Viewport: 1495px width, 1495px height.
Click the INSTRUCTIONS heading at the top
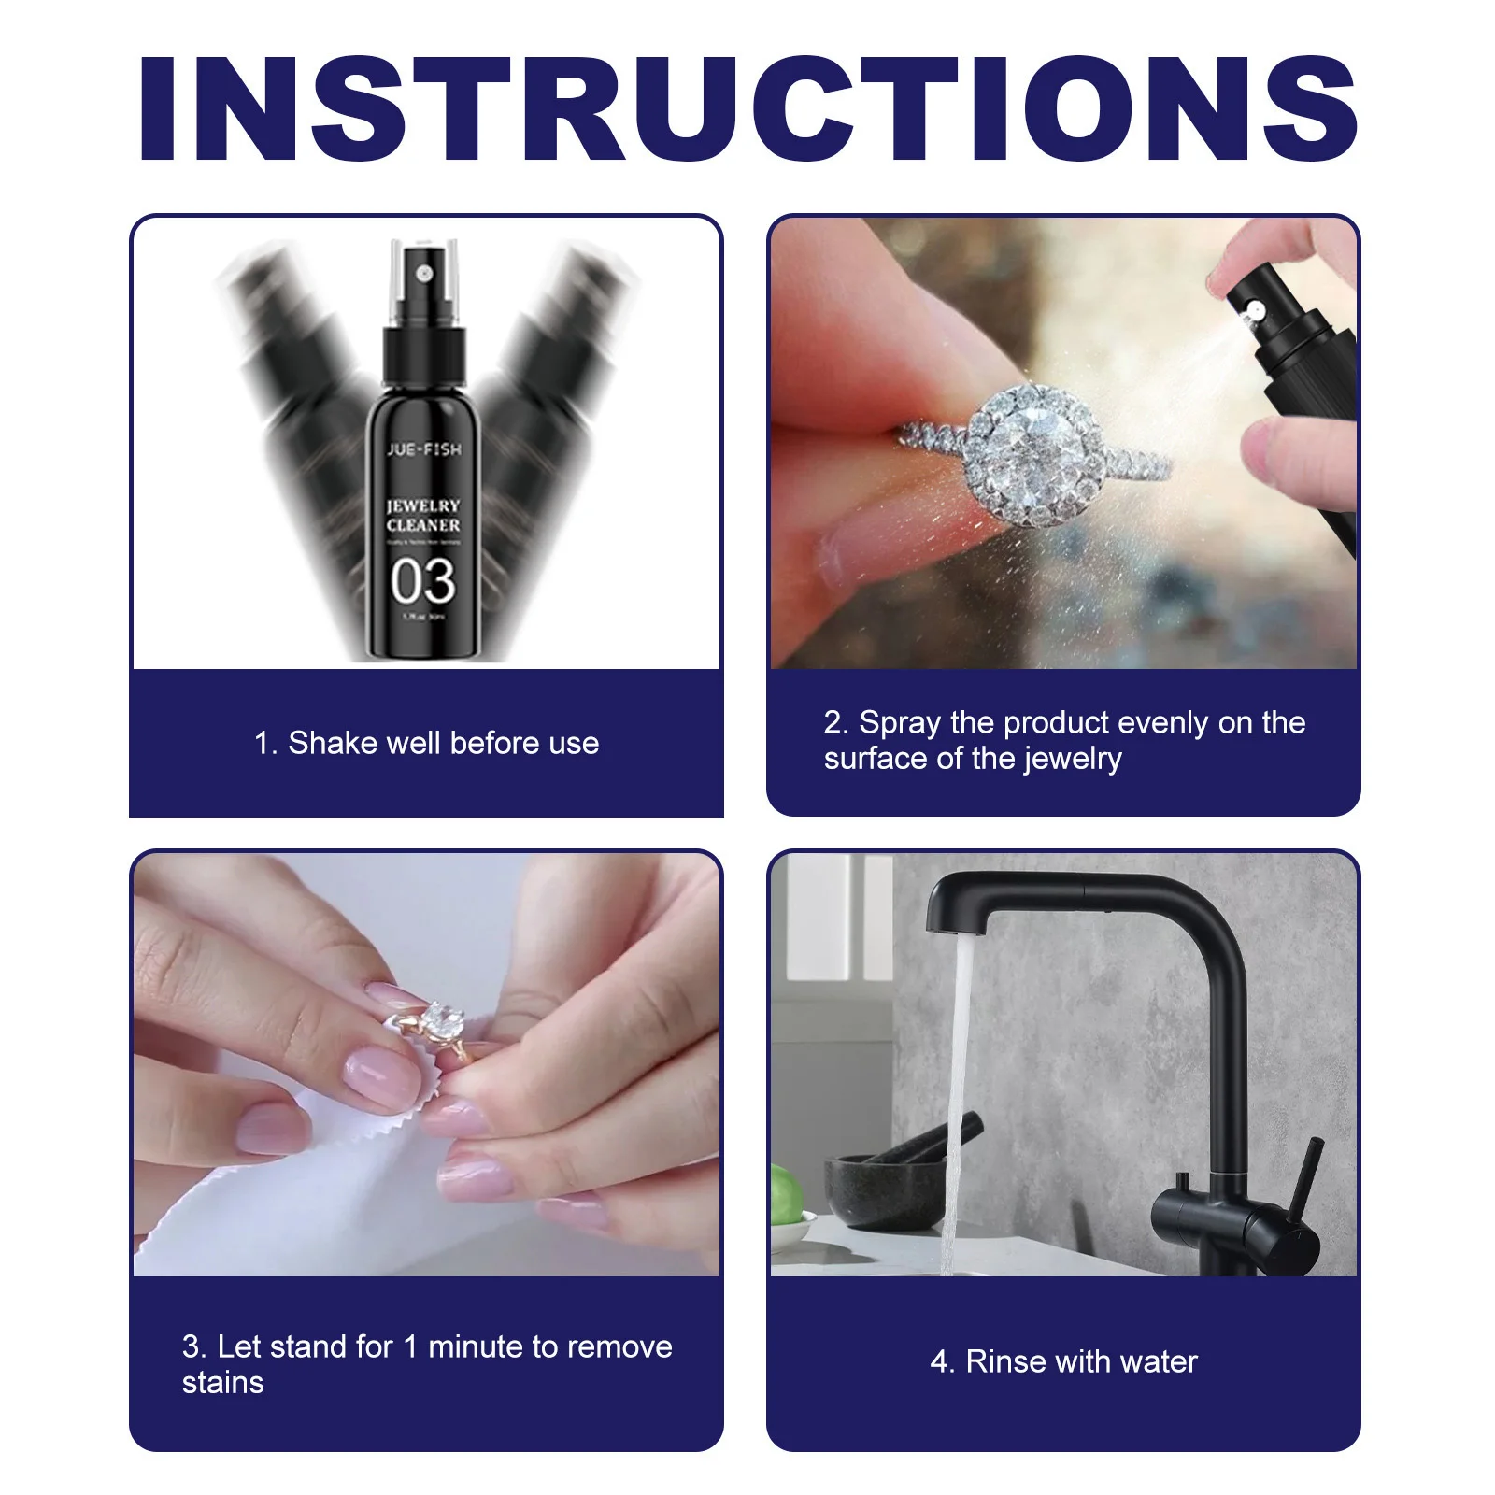[x=747, y=109]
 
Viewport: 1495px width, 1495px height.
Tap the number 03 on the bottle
[x=423, y=581]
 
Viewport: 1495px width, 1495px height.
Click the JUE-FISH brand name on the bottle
[x=424, y=449]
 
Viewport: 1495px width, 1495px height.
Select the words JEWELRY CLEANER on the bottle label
[x=423, y=515]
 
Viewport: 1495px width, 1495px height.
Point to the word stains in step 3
[x=222, y=1383]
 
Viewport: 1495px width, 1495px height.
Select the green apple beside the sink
[x=788, y=1196]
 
